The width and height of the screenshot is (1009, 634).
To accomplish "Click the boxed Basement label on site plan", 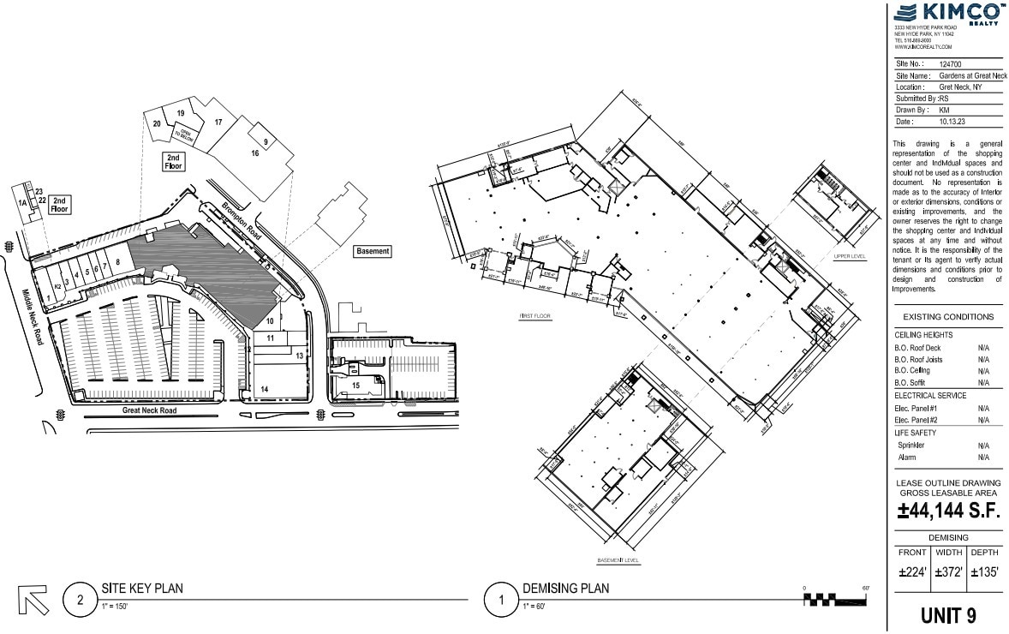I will point(373,252).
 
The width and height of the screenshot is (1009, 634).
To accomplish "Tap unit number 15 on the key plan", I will point(355,386).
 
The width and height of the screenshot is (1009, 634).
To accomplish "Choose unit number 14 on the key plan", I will point(265,390).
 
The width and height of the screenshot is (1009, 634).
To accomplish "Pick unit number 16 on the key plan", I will point(255,153).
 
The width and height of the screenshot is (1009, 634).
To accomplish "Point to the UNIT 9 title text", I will point(947,615).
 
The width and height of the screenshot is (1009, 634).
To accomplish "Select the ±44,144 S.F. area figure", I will point(947,512).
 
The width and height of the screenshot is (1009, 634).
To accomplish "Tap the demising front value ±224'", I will point(912,572).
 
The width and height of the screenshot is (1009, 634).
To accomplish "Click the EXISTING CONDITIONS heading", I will point(947,317).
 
